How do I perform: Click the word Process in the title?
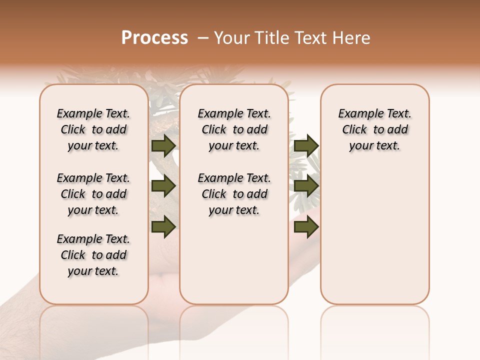pyautogui.click(x=154, y=38)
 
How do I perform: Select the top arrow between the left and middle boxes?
pyautogui.click(x=163, y=145)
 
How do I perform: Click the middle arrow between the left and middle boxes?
pyautogui.click(x=163, y=186)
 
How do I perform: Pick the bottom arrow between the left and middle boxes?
pyautogui.click(x=163, y=226)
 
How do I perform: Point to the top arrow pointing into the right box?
pyautogui.click(x=306, y=145)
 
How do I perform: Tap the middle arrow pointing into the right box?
pyautogui.click(x=306, y=186)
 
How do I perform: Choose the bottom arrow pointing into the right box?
pyautogui.click(x=306, y=226)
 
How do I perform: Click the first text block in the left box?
pyautogui.click(x=93, y=129)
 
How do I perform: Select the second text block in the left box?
pyautogui.click(x=93, y=194)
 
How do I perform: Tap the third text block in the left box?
pyautogui.click(x=93, y=255)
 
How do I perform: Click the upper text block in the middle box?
pyautogui.click(x=234, y=129)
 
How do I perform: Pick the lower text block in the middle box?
pyautogui.click(x=234, y=194)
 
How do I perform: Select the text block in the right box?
pyautogui.click(x=375, y=129)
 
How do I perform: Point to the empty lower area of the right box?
pyautogui.click(x=375, y=235)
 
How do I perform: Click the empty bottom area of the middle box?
pyautogui.click(x=234, y=265)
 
